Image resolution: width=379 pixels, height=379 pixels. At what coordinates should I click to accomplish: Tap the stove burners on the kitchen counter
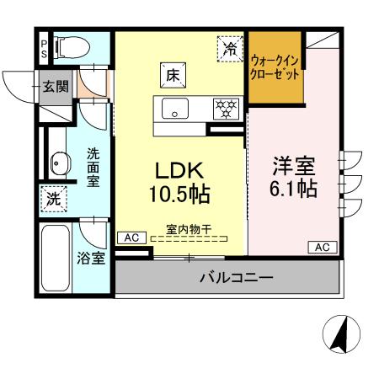(224, 109)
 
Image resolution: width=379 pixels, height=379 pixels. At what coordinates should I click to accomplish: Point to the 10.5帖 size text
(179, 195)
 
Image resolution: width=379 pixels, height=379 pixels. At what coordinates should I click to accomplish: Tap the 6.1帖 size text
(293, 189)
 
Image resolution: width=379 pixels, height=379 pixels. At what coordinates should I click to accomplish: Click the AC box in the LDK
(131, 238)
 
